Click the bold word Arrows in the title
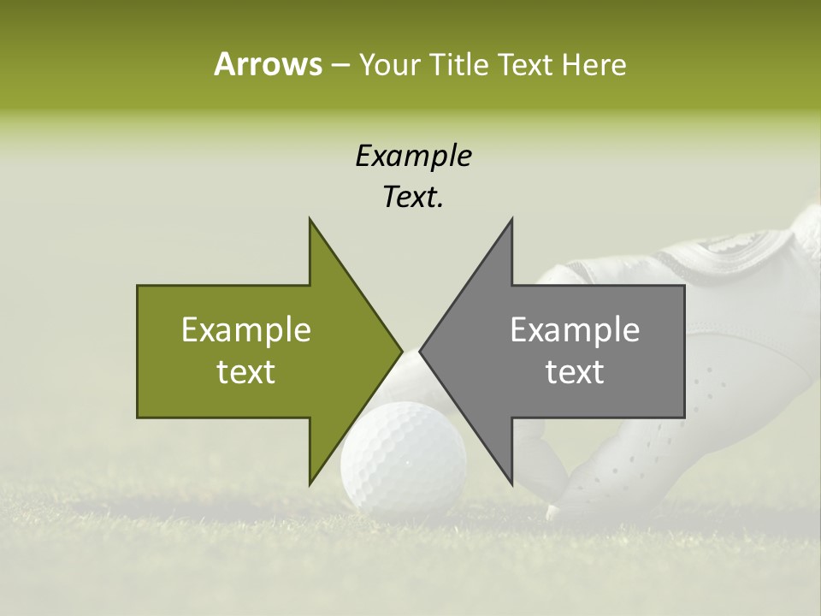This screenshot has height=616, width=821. click(x=267, y=64)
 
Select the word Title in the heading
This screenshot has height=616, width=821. click(x=458, y=65)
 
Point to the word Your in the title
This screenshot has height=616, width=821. click(x=389, y=65)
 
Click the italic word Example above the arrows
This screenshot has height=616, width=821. click(x=413, y=156)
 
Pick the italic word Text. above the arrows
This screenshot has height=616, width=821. click(x=413, y=198)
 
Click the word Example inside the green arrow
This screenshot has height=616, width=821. click(x=245, y=329)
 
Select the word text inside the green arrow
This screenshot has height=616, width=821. click(x=245, y=372)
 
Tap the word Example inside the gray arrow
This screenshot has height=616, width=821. click(x=575, y=329)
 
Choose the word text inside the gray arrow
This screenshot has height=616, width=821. click(x=575, y=372)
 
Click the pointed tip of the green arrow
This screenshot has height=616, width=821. click(x=401, y=351)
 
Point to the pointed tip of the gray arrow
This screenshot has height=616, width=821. click(x=421, y=351)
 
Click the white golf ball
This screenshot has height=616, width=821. click(x=404, y=458)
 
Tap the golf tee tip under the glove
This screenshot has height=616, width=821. click(x=552, y=512)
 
